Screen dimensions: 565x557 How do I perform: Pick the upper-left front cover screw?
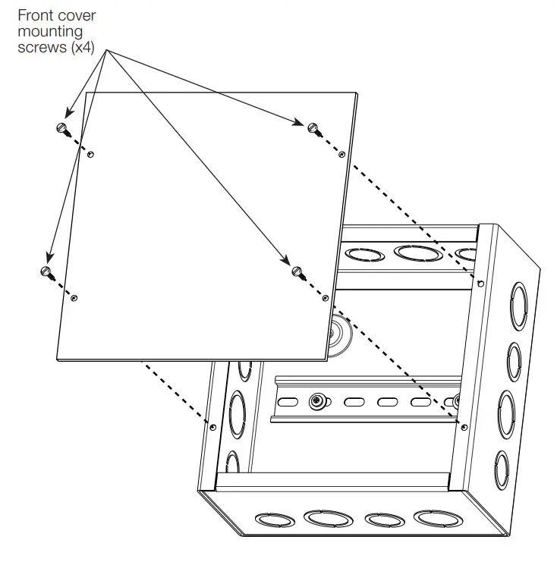[x=63, y=127]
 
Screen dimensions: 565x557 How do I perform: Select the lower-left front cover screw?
[x=46, y=271]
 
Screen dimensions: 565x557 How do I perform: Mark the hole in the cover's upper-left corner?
[x=90, y=155]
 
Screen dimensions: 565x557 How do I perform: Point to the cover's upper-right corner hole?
[x=342, y=154]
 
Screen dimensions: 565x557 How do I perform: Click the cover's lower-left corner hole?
[x=73, y=298]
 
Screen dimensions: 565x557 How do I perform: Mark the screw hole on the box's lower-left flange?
[x=212, y=428]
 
